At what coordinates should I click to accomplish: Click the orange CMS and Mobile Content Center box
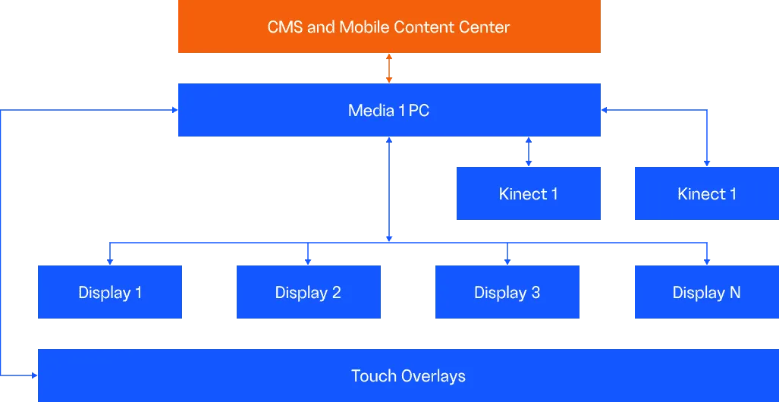click(389, 27)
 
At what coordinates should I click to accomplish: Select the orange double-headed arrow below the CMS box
click(389, 68)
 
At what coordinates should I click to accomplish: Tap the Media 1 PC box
click(389, 110)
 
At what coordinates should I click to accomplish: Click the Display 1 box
click(110, 292)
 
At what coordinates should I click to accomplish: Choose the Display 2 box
click(309, 292)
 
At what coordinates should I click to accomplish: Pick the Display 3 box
click(507, 292)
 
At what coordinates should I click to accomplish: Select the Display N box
click(707, 292)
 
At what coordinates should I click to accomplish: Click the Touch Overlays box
click(408, 375)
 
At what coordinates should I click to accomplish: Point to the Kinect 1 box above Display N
click(707, 193)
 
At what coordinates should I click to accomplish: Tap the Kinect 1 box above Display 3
click(529, 193)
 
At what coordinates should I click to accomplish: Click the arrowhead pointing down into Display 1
click(110, 262)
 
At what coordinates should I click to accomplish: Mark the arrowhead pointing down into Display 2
click(308, 262)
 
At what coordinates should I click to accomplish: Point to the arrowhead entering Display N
click(707, 262)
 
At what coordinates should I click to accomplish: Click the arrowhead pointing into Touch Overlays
click(34, 375)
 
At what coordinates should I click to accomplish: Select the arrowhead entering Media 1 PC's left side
click(174, 110)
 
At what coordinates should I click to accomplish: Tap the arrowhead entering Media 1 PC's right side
click(605, 110)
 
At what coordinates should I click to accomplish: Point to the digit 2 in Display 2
click(336, 292)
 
